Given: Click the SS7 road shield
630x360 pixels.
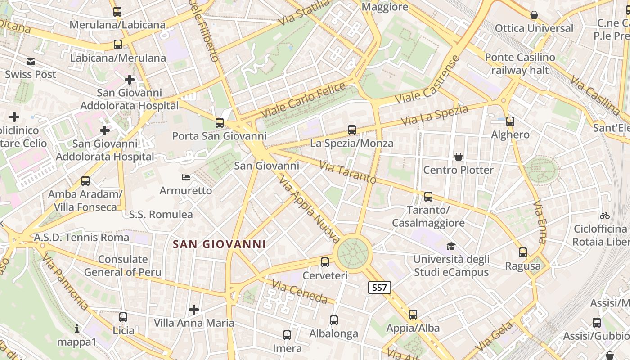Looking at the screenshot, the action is (379, 288).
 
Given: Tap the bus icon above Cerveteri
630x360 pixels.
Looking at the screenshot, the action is (325, 262).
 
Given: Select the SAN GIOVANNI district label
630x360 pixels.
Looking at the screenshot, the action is (220, 244).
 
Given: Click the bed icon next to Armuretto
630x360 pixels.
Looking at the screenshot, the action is (185, 177).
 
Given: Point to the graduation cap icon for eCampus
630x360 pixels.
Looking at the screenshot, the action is (451, 246).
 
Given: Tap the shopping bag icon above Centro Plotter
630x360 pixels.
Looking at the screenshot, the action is (459, 157).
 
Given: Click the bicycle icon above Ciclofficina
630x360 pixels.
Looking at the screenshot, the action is (605, 216).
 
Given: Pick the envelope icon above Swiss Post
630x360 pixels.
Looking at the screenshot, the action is (30, 61).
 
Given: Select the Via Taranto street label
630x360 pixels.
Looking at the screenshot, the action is (348, 172).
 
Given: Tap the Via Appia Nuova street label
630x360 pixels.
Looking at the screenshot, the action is (309, 210).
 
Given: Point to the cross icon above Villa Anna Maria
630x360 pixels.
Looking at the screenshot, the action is (194, 310).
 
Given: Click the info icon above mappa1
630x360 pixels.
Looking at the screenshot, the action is (77, 328).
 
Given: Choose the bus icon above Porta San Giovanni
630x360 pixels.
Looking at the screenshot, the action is (219, 122).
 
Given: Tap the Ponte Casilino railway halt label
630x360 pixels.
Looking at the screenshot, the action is (520, 64).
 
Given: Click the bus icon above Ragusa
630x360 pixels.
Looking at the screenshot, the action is (522, 252).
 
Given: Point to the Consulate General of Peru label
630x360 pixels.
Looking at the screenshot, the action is (122, 265).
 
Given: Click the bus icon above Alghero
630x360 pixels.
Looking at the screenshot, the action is (510, 121).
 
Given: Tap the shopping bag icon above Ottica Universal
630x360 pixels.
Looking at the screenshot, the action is (534, 15).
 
